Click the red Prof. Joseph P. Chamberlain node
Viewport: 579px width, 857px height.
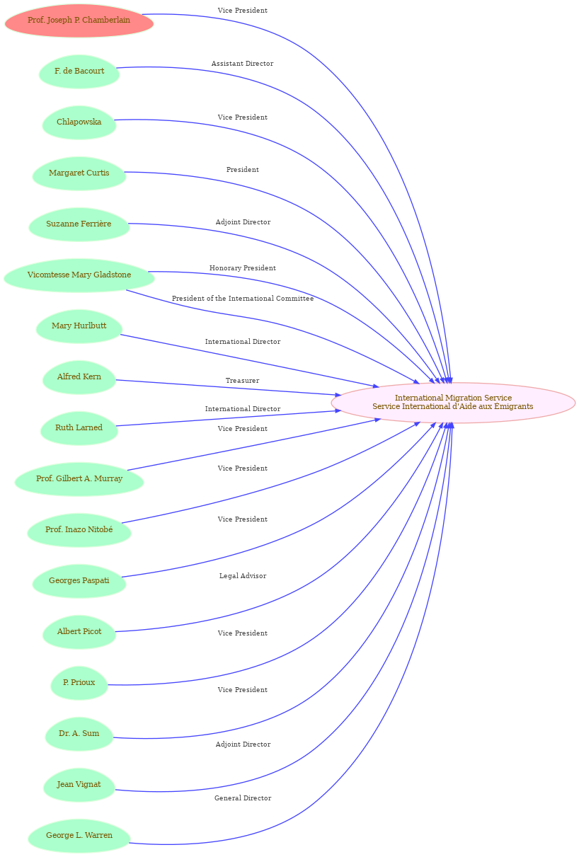(79, 21)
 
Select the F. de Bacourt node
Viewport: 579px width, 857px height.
(79, 71)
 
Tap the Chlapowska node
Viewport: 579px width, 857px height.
(79, 122)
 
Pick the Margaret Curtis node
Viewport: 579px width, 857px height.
(79, 173)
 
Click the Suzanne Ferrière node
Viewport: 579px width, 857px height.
(79, 224)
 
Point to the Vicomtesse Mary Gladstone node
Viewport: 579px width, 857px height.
(79, 275)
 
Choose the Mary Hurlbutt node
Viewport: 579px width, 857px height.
(79, 326)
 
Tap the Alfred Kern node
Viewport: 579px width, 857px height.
(79, 377)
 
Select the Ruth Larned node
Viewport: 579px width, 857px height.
(79, 427)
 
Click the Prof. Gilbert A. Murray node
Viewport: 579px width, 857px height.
(79, 478)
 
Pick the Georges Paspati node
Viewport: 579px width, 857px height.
(79, 580)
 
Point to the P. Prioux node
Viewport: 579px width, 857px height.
(79, 682)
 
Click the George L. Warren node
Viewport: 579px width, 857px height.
(79, 835)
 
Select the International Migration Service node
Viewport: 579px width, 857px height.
(453, 402)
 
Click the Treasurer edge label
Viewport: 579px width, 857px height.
(242, 380)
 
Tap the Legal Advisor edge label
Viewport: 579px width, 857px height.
(243, 575)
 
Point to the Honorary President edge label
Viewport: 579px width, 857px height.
(243, 268)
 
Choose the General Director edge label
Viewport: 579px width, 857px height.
(243, 798)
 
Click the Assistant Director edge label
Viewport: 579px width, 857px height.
(242, 63)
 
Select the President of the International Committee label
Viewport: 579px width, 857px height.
(243, 298)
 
